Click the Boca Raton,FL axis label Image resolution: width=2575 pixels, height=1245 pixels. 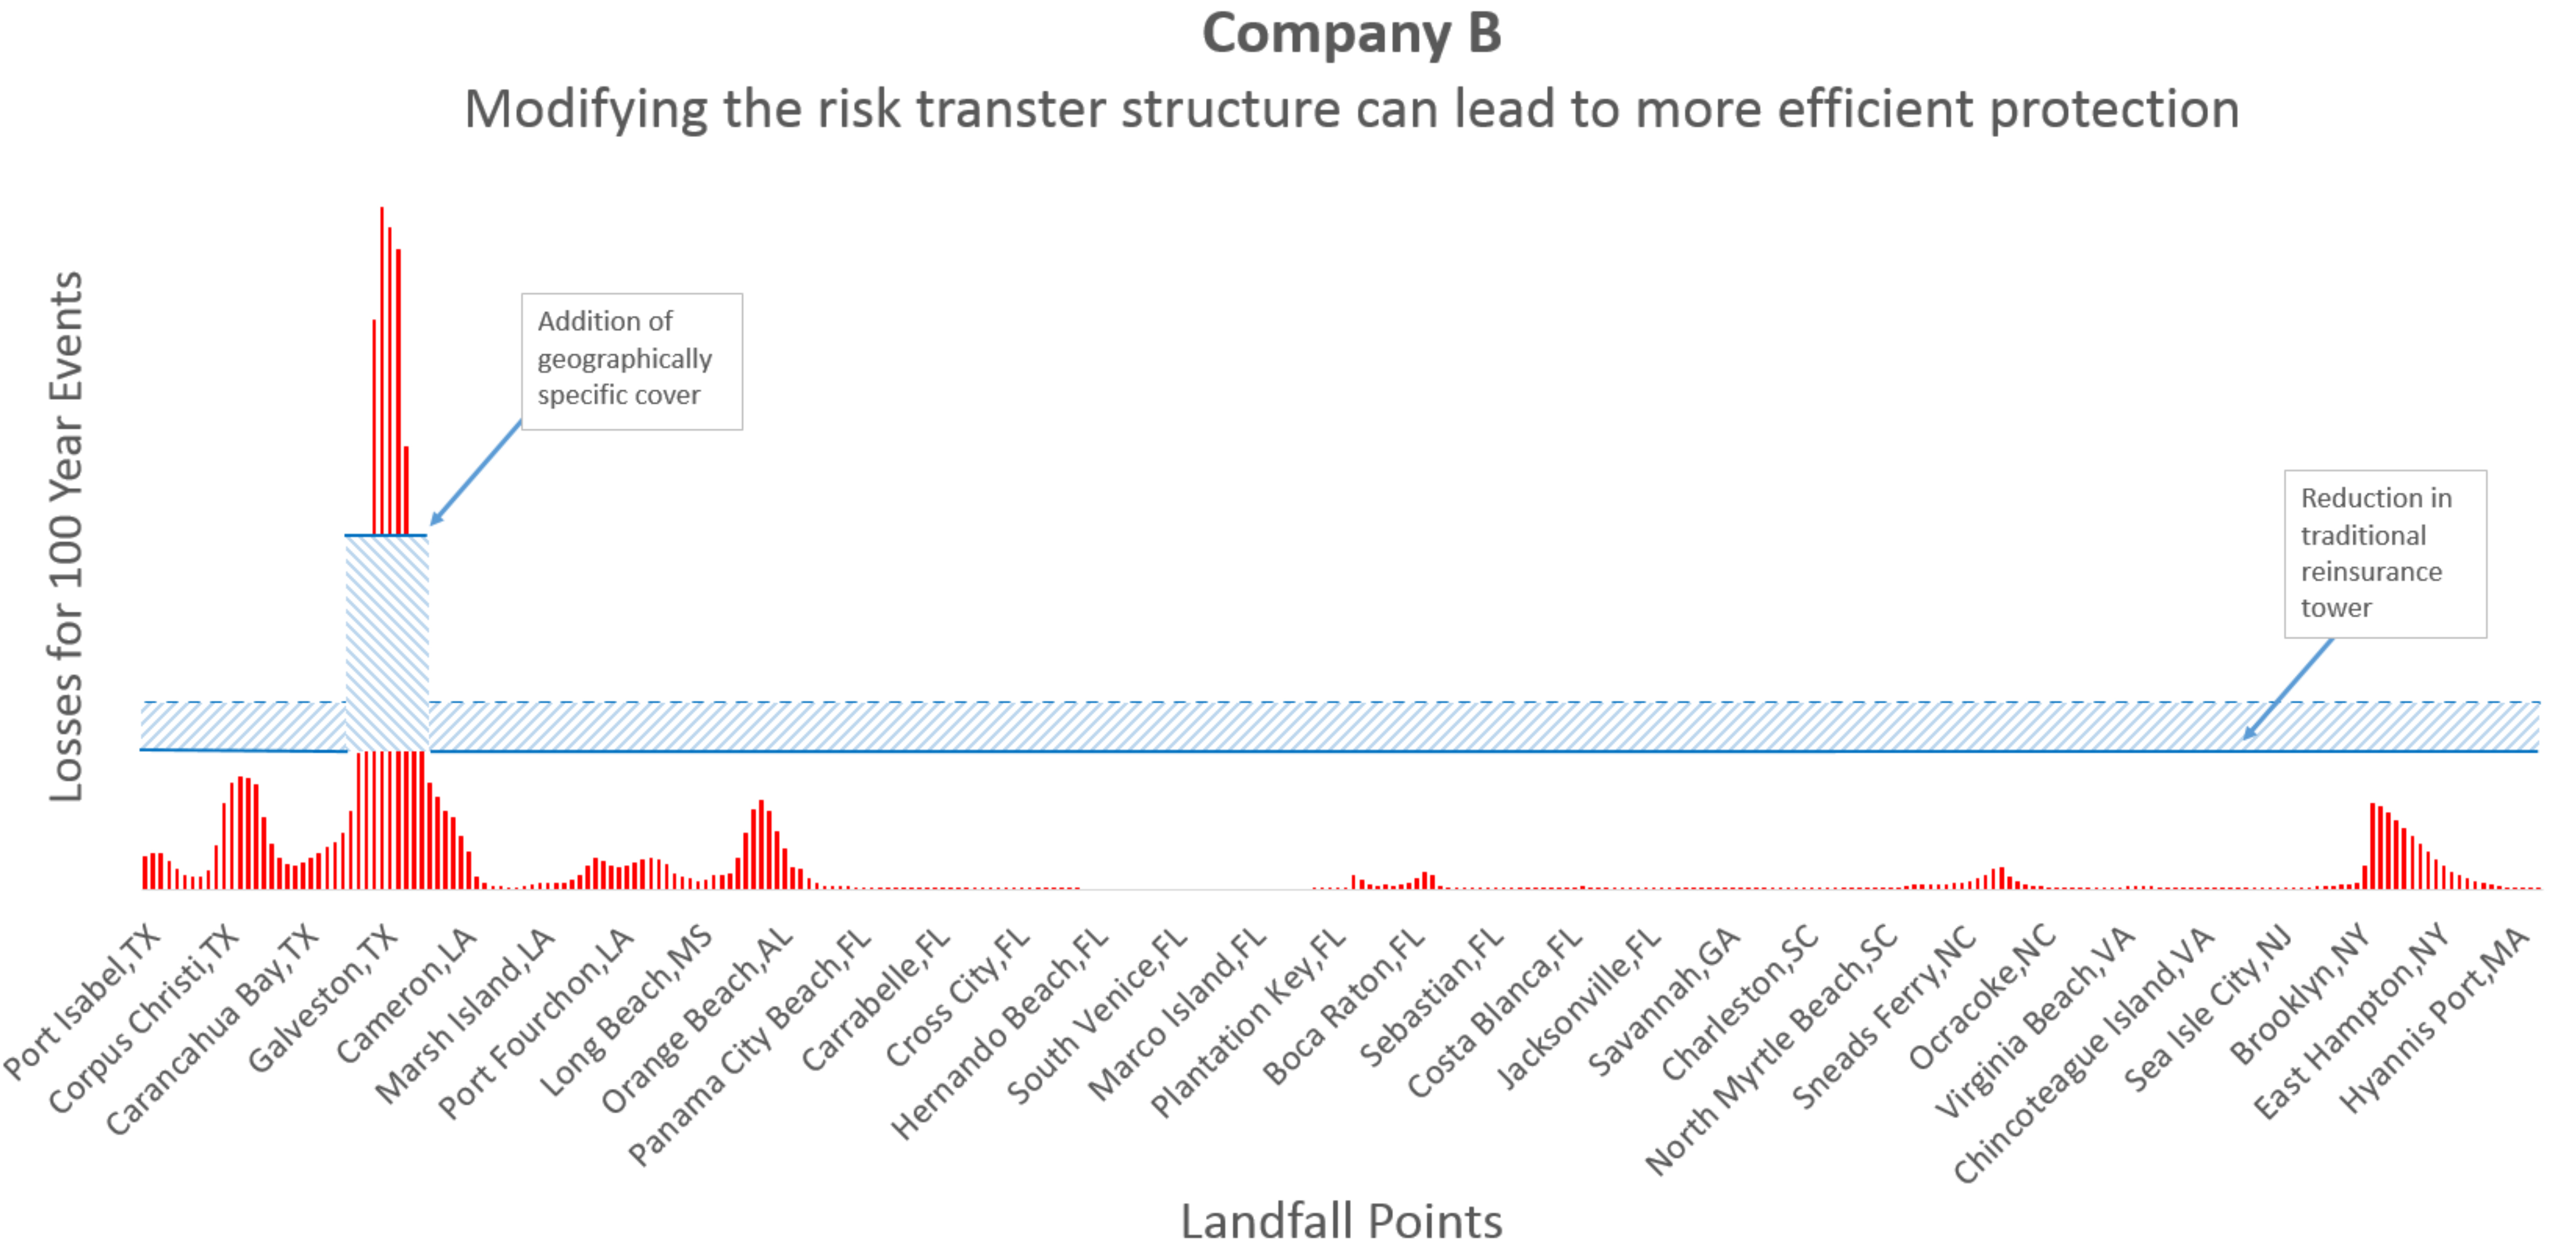tap(1345, 1005)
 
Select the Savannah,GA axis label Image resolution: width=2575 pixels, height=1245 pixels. tap(1664, 1000)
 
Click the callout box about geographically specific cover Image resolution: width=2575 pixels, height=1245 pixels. tap(632, 361)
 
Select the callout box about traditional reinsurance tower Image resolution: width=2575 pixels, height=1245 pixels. tap(2385, 553)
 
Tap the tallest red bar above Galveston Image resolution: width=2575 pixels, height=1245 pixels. tap(382, 370)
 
